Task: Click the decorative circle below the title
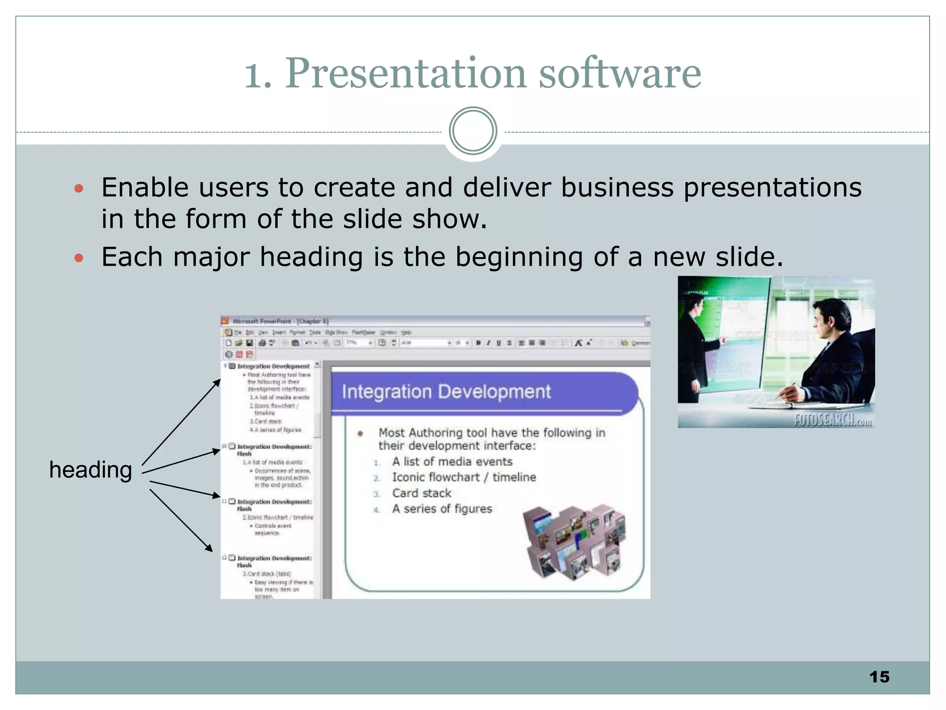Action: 473,131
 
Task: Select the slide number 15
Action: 879,677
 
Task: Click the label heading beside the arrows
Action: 91,470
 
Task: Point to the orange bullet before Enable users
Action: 79,188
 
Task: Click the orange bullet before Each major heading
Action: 79,257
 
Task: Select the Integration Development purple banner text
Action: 446,392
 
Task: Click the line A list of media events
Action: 452,461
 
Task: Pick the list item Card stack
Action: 421,493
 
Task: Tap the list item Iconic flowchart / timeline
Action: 464,477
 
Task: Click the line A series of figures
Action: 442,508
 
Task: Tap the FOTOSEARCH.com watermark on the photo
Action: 832,420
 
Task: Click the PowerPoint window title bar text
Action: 280,321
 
